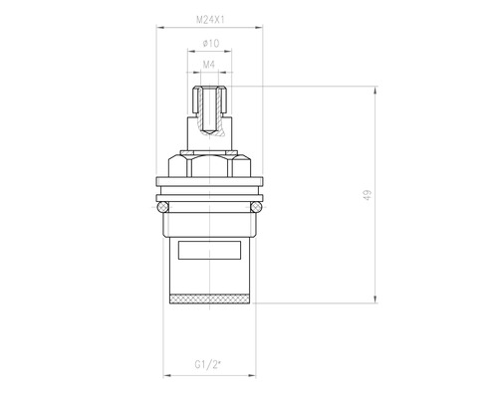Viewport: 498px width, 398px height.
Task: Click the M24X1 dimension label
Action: (210, 20)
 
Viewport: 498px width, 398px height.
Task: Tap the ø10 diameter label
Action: (210, 43)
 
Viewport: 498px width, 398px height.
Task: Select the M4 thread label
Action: (209, 65)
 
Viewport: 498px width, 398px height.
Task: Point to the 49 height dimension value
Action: (368, 195)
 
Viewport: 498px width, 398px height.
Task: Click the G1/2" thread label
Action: (208, 365)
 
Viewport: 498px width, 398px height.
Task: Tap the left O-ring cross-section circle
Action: (162, 207)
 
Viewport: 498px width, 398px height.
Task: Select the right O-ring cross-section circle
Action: (256, 207)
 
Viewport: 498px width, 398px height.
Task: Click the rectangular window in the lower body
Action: (209, 250)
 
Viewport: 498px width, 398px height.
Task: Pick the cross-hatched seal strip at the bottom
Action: (209, 299)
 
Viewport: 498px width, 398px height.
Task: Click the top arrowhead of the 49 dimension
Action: (375, 90)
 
